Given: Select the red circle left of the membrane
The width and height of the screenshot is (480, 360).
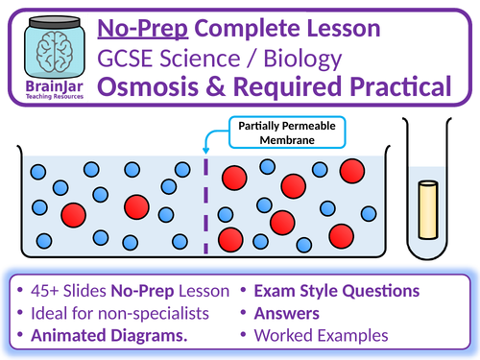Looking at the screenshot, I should click(73, 212).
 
